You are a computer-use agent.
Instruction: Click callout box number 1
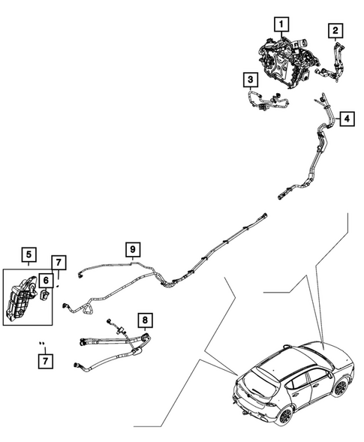tap(281, 24)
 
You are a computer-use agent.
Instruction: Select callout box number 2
tap(335, 31)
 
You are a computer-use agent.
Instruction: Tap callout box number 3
tap(251, 80)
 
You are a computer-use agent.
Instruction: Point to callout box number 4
tap(347, 119)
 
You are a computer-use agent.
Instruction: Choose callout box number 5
tap(29, 254)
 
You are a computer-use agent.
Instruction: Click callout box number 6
tap(46, 281)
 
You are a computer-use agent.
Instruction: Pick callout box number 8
tap(145, 320)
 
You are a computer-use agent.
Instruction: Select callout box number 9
tap(133, 249)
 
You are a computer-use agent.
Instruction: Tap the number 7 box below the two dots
tap(45, 360)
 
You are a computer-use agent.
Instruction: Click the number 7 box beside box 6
tap(59, 263)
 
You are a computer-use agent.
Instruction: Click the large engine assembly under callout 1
tap(287, 64)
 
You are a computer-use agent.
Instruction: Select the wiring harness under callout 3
tap(266, 101)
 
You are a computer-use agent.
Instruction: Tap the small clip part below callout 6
tap(44, 295)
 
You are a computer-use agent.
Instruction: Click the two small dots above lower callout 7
tap(42, 343)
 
